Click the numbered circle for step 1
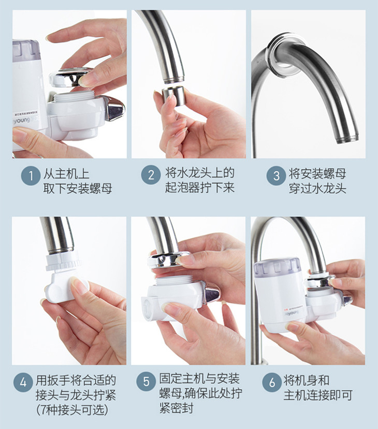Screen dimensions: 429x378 (x=31, y=175)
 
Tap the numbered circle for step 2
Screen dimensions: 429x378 (x=151, y=175)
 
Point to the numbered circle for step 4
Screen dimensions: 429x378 (x=23, y=383)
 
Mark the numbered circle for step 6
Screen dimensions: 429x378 (x=271, y=383)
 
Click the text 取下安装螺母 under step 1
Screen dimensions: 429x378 (x=78, y=188)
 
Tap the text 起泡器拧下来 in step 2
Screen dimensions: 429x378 (x=200, y=187)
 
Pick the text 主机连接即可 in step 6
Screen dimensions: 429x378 (x=318, y=396)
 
